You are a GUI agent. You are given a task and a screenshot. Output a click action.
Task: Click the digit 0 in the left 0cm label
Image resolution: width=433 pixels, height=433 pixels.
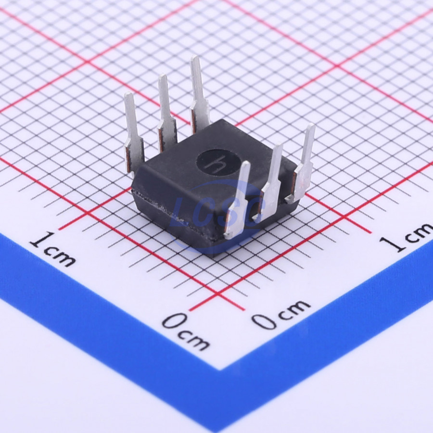click(x=174, y=321)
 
